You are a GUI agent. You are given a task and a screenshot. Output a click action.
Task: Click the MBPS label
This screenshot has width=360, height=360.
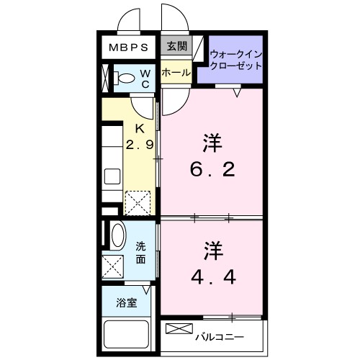click(x=129, y=48)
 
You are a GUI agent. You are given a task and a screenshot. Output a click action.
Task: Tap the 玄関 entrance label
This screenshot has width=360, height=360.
click(x=176, y=48)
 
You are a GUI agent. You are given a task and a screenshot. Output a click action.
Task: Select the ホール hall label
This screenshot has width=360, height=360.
click(x=176, y=73)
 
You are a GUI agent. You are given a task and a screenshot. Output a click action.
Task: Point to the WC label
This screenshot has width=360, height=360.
click(x=144, y=78)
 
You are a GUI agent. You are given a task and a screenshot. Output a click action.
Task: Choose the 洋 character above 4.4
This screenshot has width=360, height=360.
click(x=212, y=251)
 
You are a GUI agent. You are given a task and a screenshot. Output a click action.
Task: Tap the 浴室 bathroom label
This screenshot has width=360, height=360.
click(x=127, y=302)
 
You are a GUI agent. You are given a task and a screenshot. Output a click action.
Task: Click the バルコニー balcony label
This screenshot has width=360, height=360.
click(x=220, y=336)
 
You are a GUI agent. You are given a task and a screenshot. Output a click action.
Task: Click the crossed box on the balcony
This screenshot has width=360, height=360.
click(x=176, y=329)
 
